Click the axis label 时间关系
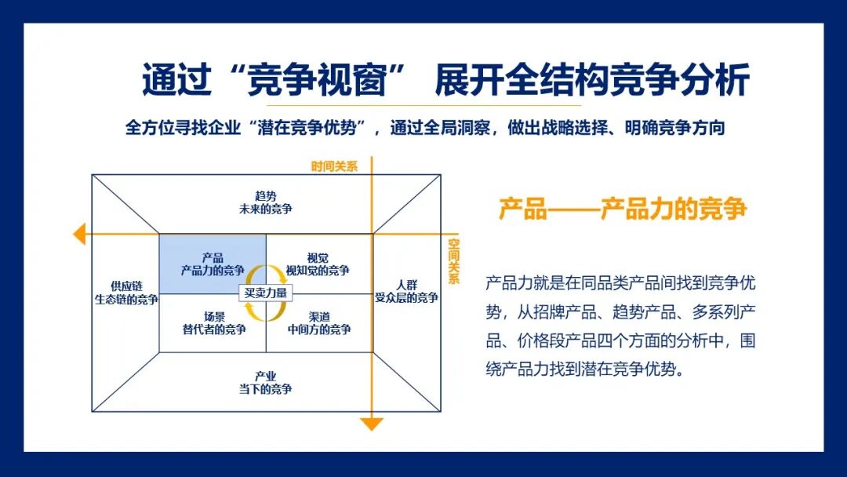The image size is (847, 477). [x=334, y=166]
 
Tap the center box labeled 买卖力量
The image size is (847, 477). [x=266, y=293]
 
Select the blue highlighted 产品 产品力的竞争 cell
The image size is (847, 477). [x=213, y=264]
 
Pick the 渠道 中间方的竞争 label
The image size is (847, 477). [x=318, y=322]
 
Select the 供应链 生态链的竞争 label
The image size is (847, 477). [x=125, y=293]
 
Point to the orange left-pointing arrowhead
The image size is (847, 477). [x=79, y=234]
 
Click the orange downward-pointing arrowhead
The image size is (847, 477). [x=372, y=424]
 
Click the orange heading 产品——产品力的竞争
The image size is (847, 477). [x=623, y=209]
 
